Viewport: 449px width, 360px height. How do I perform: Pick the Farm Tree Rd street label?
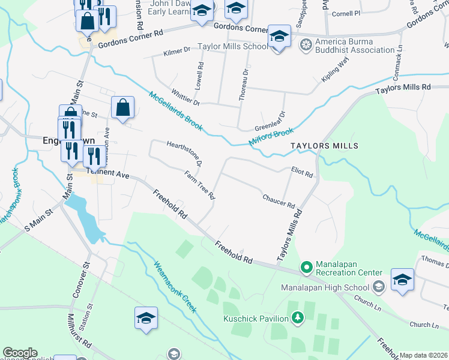(199, 184)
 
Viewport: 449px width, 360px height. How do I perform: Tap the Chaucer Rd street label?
(279, 201)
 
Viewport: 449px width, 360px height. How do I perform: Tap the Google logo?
(20, 353)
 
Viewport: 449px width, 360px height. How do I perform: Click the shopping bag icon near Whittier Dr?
(122, 109)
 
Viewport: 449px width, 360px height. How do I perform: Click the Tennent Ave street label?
(109, 173)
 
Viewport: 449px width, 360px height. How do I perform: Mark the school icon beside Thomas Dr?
(402, 280)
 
